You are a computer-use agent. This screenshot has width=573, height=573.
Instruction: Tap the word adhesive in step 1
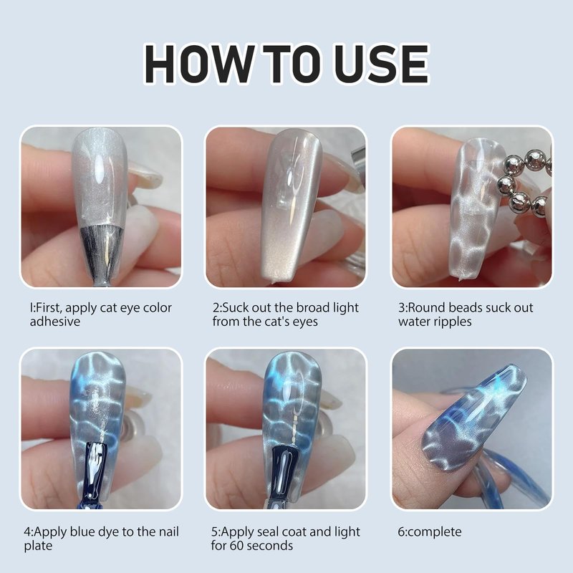pos(55,322)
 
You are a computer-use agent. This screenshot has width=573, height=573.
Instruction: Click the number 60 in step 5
pos(237,546)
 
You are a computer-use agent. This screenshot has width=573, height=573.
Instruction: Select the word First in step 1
pos(48,308)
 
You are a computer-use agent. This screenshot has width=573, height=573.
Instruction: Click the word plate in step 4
pos(38,546)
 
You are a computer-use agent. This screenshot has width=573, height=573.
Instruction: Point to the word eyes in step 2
pos(305,322)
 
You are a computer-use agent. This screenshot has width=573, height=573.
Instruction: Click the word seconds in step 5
pos(270,546)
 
